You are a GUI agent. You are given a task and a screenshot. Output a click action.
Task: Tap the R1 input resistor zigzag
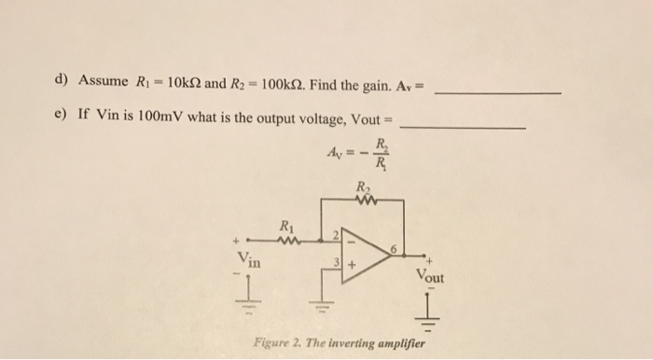pos(288,234)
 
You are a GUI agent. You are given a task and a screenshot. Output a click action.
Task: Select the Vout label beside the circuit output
pos(431,278)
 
